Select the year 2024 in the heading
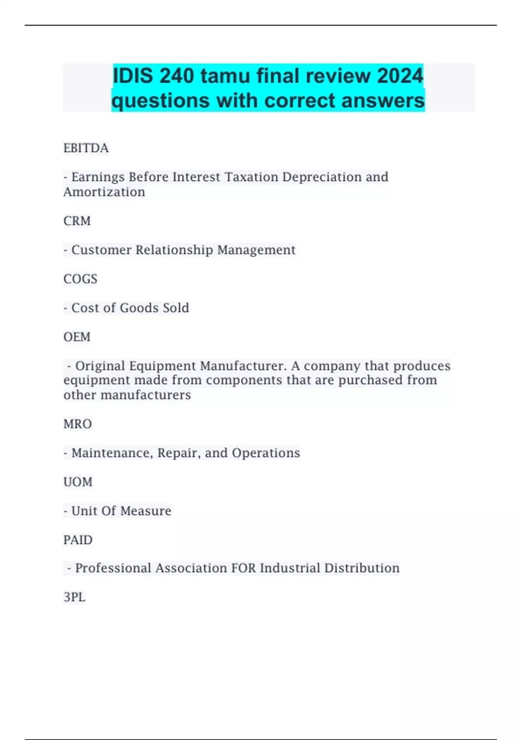(x=400, y=76)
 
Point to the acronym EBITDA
(x=86, y=148)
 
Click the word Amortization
(x=104, y=192)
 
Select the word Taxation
(x=251, y=177)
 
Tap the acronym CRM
(x=77, y=221)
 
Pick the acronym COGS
(x=80, y=279)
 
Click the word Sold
(x=176, y=308)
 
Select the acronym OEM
(x=77, y=337)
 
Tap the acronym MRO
(x=77, y=424)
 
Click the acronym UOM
(x=78, y=482)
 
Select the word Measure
(x=146, y=511)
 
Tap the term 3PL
(x=74, y=597)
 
